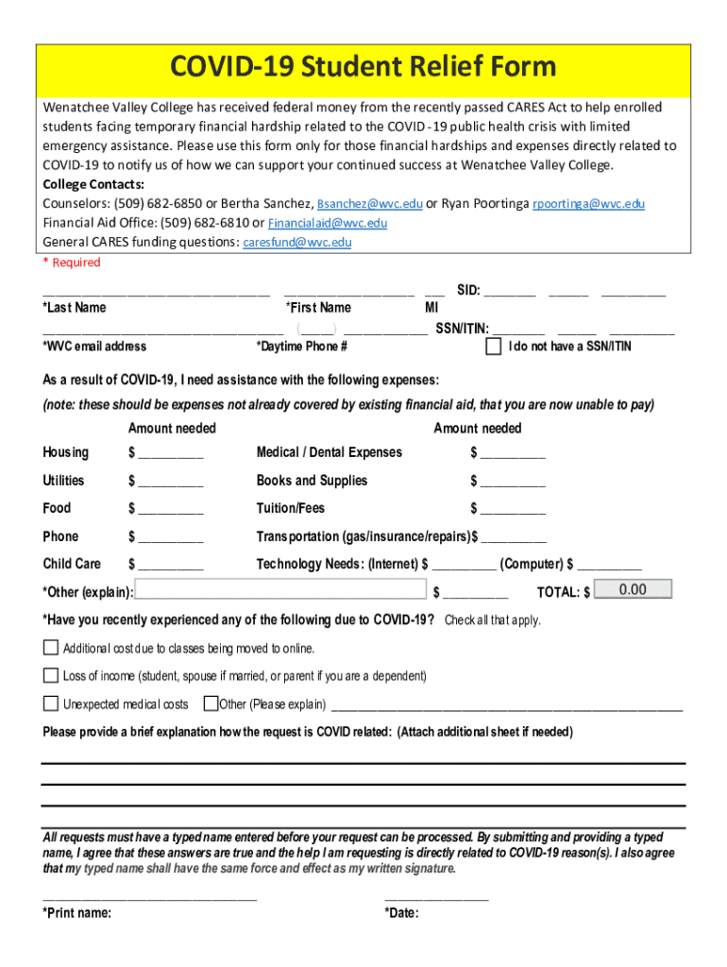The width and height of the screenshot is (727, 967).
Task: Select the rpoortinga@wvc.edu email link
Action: [588, 204]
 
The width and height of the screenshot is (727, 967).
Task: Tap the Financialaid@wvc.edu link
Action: [327, 224]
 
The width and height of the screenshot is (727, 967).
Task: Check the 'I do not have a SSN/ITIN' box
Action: [493, 347]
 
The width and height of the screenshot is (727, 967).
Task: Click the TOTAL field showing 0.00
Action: [633, 590]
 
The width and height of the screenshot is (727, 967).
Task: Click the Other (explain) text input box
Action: [280, 591]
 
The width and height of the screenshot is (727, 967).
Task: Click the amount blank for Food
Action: [170, 510]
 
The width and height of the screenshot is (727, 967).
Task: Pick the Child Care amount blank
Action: [170, 566]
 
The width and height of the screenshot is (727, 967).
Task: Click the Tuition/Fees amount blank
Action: [513, 510]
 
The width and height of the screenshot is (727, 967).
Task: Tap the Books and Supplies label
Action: [312, 481]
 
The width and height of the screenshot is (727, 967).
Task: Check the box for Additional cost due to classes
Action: [51, 648]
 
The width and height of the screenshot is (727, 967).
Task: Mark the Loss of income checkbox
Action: [51, 676]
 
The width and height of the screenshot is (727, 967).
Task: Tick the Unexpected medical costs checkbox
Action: [51, 704]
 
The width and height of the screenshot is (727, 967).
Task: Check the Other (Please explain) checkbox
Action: [211, 704]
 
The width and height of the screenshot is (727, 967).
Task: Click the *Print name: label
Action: [77, 913]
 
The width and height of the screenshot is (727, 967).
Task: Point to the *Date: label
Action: [401, 913]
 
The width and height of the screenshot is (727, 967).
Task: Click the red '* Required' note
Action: [72, 263]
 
